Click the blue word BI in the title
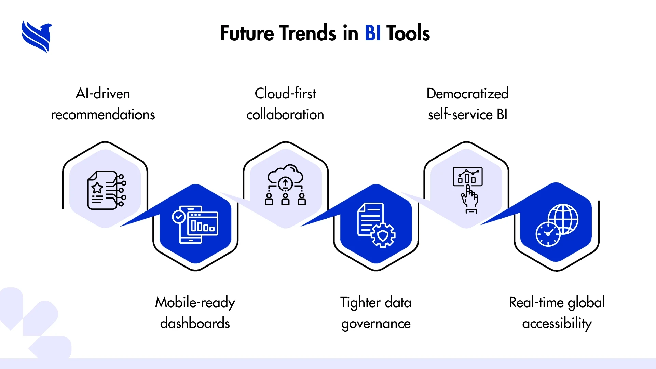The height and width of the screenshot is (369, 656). tap(373, 33)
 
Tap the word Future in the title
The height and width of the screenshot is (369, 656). tap(247, 33)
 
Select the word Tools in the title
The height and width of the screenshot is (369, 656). tap(408, 33)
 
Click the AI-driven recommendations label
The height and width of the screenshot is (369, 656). tap(103, 104)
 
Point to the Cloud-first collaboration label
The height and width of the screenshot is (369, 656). tap(285, 104)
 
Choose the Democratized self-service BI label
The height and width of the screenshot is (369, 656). tap(468, 104)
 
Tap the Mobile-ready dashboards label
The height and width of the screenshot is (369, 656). tap(195, 313)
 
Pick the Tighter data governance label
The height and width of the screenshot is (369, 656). tap(376, 313)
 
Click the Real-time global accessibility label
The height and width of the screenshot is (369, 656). tap(557, 313)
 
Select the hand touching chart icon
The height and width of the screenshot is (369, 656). tap(468, 190)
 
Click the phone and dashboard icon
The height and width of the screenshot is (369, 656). tap(195, 224)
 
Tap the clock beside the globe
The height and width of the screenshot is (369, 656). tap(548, 234)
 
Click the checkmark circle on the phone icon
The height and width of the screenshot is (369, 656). tap(179, 217)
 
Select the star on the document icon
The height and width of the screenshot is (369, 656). tap(97, 188)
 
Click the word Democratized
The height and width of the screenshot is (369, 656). tap(468, 94)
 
